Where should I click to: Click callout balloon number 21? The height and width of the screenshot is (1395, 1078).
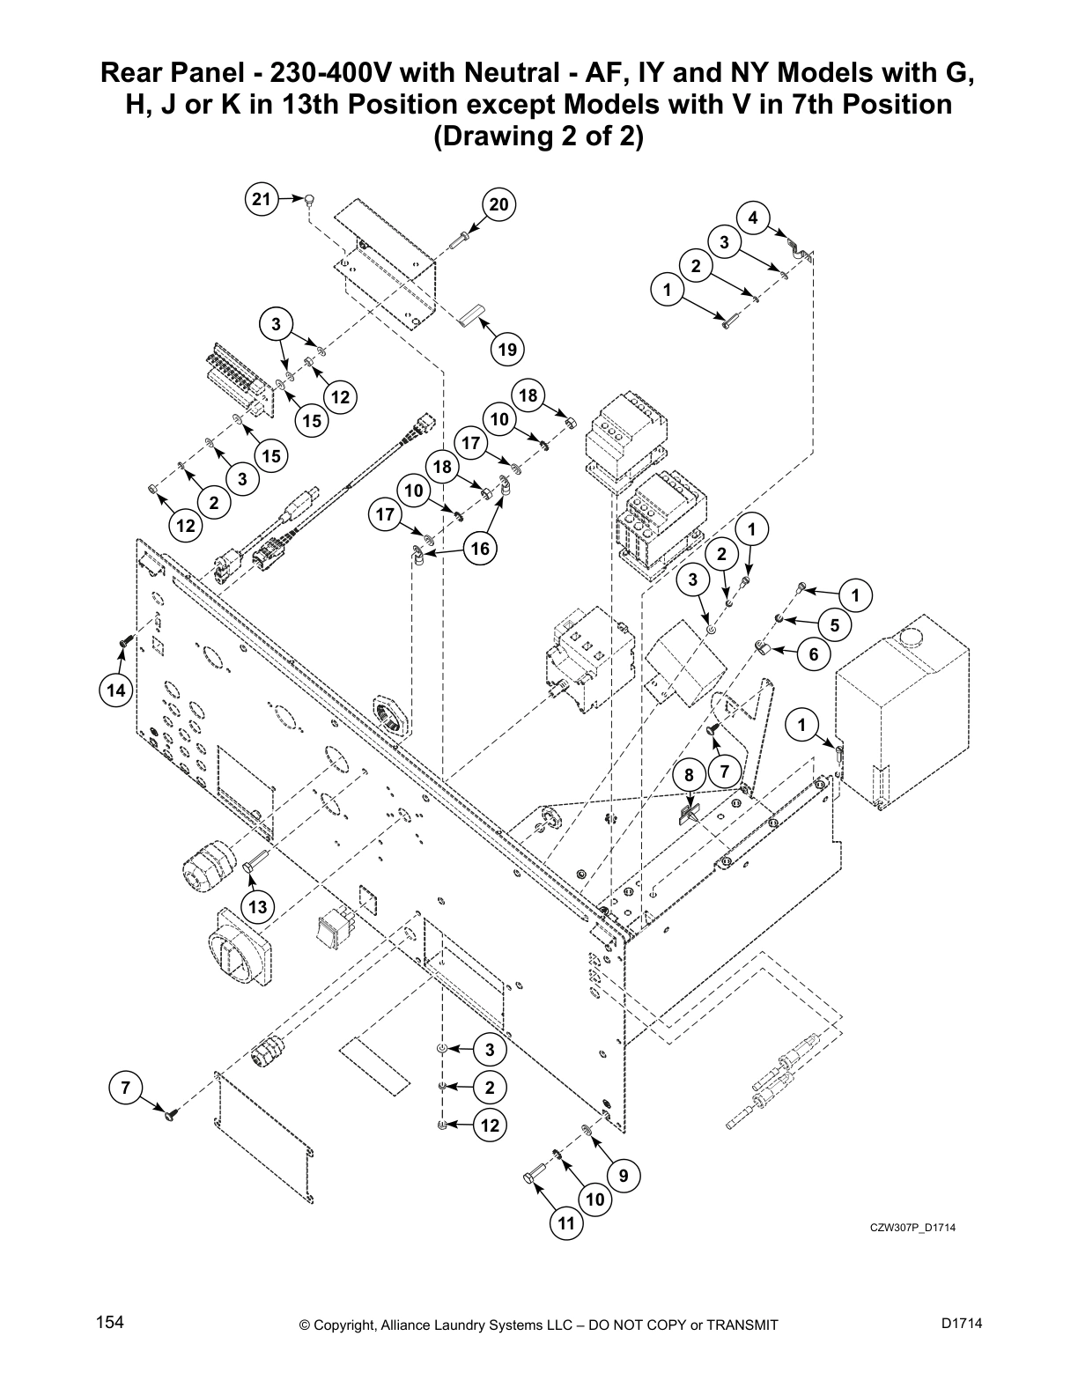[x=261, y=200]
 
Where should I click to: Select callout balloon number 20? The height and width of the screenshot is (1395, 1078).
[x=498, y=205]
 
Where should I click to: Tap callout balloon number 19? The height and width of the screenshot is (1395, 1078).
[x=506, y=350]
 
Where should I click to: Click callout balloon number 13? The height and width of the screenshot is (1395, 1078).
[x=257, y=906]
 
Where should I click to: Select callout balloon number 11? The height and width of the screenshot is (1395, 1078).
[x=565, y=1223]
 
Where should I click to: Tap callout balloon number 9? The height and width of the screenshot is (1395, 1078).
[x=624, y=1175]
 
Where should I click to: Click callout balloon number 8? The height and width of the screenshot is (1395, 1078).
[x=690, y=775]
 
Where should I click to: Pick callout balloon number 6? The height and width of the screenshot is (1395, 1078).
[x=813, y=654]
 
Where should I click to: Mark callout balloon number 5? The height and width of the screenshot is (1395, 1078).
[x=834, y=624]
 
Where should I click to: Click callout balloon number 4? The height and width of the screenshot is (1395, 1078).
[x=753, y=218]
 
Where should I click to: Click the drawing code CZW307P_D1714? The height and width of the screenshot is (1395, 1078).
[x=912, y=1229]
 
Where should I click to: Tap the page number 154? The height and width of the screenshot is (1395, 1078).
[x=109, y=1323]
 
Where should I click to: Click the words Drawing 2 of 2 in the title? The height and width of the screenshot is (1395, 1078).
[x=539, y=138]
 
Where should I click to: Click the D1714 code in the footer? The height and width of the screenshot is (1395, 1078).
[x=961, y=1323]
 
